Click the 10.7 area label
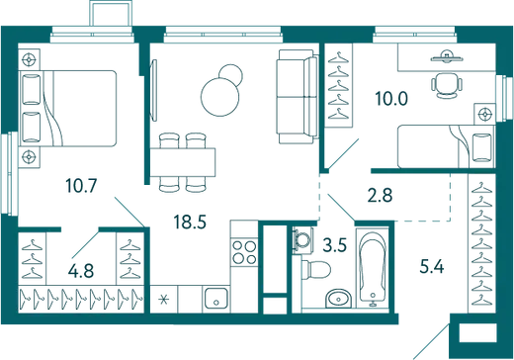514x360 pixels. (81, 185)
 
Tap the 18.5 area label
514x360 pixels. (190, 222)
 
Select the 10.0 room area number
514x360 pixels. (391, 99)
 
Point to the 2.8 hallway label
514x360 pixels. (380, 195)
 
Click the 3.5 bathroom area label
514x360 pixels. (335, 245)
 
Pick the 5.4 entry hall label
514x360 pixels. (432, 266)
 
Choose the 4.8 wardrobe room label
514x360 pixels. (81, 271)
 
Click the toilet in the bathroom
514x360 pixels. (316, 270)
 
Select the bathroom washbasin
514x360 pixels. (338, 299)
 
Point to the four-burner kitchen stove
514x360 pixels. (244, 252)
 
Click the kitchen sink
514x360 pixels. (215, 299)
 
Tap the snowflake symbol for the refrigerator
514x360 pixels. (164, 300)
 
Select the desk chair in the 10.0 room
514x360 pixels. (447, 85)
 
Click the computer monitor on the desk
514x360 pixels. (446, 57)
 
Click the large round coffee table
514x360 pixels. (219, 97)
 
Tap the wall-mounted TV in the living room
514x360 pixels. (153, 90)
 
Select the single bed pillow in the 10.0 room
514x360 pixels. (481, 147)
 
